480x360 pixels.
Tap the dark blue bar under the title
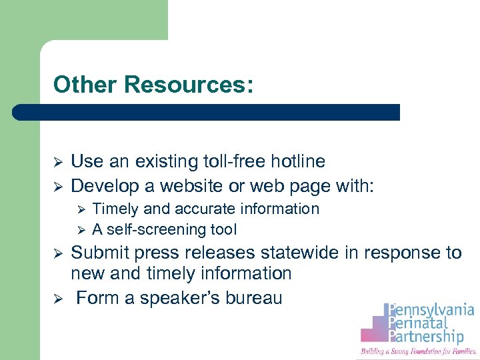(x=207, y=111)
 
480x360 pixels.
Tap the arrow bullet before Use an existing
(x=57, y=162)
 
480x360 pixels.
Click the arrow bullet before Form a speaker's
(x=57, y=298)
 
